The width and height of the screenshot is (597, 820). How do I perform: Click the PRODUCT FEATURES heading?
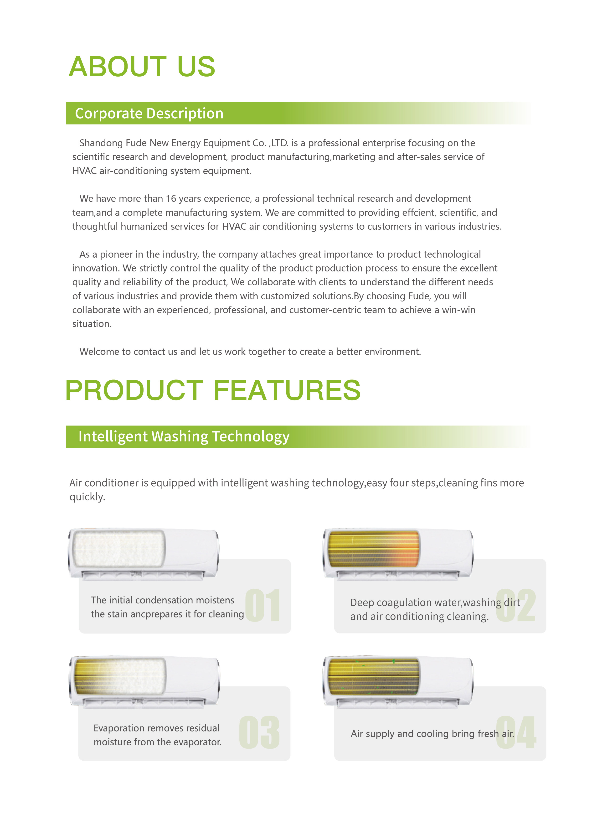tap(212, 390)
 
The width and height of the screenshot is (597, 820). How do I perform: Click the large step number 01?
tap(263, 605)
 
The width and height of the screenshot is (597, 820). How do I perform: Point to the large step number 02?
tap(516, 605)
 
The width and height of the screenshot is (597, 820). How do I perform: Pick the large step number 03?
tap(259, 732)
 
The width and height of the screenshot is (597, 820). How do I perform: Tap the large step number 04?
tap(516, 732)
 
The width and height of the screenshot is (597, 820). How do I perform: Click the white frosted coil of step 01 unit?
tap(118, 549)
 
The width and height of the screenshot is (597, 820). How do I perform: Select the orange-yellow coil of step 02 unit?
tap(374, 549)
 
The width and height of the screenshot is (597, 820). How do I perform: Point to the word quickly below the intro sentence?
tap(87, 497)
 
